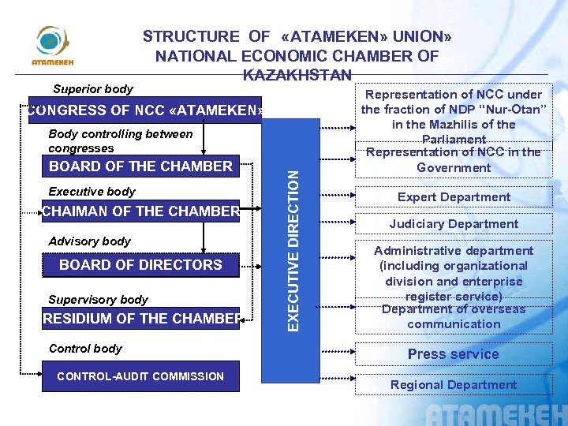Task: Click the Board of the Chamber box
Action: pos(140,166)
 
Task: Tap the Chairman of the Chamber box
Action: pos(140,211)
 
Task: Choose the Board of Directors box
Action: pos(140,265)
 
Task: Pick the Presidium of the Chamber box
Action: pos(140,319)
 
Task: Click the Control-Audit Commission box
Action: pos(140,376)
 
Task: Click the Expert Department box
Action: pos(454,197)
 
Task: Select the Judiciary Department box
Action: pos(454,224)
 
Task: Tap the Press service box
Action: pos(454,354)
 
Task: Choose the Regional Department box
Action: pos(454,385)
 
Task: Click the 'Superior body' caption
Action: pos(92,89)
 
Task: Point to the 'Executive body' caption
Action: pos(92,192)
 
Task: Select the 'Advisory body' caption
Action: pos(89,241)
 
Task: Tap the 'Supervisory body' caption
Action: pos(98,300)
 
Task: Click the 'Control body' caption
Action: pos(85,349)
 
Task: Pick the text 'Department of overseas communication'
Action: pos(454,316)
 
